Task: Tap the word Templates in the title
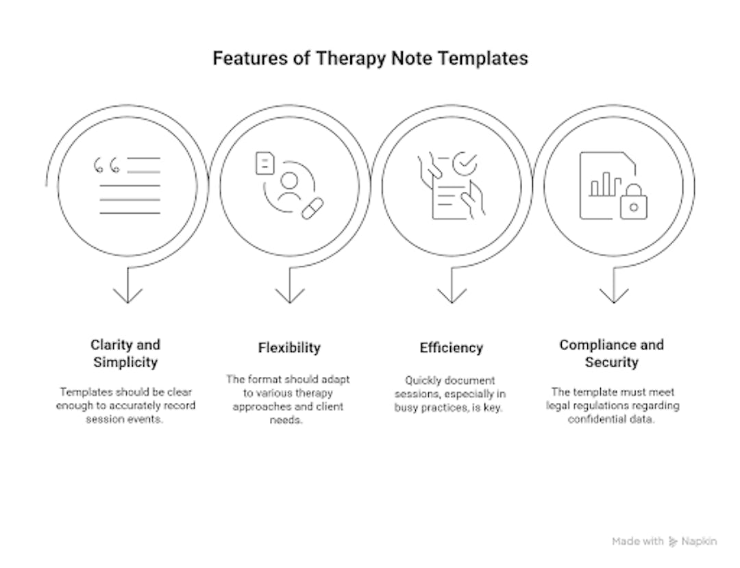tap(483, 58)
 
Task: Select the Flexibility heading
tap(289, 347)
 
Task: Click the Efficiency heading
tap(451, 347)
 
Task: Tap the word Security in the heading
tap(612, 362)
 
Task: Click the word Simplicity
tap(125, 362)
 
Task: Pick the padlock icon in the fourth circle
tap(634, 202)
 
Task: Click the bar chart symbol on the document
tap(605, 184)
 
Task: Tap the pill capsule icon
tap(312, 208)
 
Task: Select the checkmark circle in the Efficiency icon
tap(465, 164)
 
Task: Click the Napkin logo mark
tap(673, 541)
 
